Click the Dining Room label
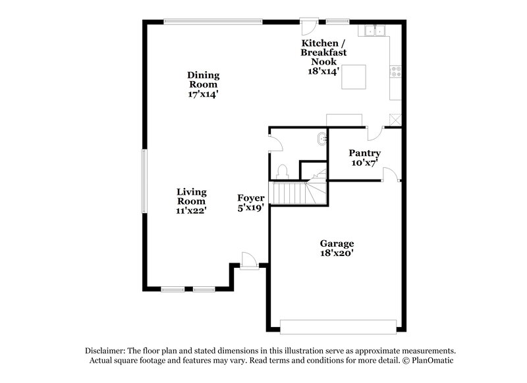coord(204,80)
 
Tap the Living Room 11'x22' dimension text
coord(191,211)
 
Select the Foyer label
coord(251,198)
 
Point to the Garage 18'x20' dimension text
coord(337,252)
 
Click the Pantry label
coord(364,153)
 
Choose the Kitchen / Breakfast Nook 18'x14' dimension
coord(323,71)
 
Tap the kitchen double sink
coord(375,30)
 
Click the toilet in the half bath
coord(283,170)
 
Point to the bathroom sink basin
coord(321,139)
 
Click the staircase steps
coord(290,193)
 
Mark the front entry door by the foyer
coord(248,261)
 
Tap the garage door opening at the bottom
coord(338,326)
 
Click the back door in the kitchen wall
coord(308,27)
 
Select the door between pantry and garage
coord(390,174)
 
